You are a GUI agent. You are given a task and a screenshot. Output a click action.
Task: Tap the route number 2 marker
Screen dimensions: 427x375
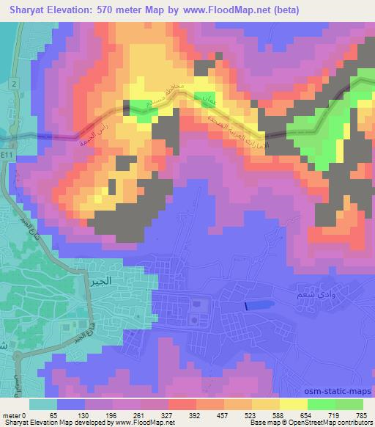tap(12, 84)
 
